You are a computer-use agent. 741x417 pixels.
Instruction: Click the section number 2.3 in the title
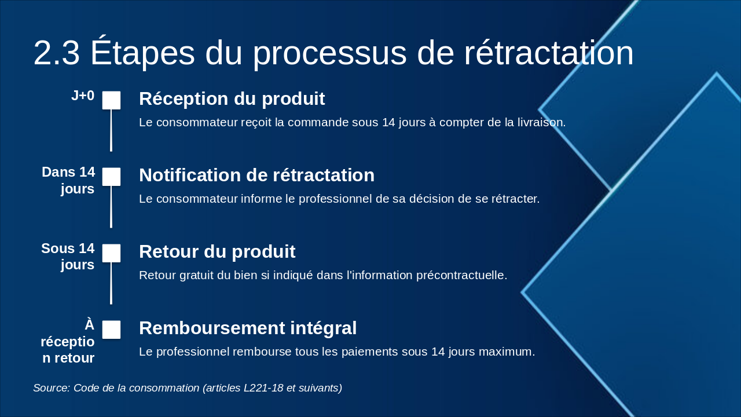click(x=56, y=53)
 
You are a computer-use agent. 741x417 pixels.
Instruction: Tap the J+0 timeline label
click(x=83, y=96)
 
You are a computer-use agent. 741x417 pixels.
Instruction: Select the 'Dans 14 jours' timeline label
click(x=68, y=180)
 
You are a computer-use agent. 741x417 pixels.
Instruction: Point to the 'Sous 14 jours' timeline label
click(x=68, y=257)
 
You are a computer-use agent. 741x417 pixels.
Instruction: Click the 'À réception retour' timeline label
click(x=68, y=341)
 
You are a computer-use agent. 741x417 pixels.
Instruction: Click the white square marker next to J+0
click(x=111, y=100)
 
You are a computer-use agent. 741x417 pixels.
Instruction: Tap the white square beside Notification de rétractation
click(x=111, y=177)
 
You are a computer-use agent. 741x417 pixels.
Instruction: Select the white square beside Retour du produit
click(x=111, y=253)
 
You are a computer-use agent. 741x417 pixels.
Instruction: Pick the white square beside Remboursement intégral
click(x=111, y=330)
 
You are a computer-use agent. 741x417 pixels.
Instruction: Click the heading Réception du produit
click(x=232, y=99)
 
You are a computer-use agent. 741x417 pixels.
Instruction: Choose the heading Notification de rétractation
click(x=256, y=175)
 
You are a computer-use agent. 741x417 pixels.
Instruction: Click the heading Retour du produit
click(x=217, y=252)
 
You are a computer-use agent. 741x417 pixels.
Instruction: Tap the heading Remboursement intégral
click(x=248, y=328)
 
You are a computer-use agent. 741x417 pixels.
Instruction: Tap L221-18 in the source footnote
click(x=265, y=388)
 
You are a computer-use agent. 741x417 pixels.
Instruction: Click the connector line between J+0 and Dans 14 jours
click(x=111, y=130)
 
